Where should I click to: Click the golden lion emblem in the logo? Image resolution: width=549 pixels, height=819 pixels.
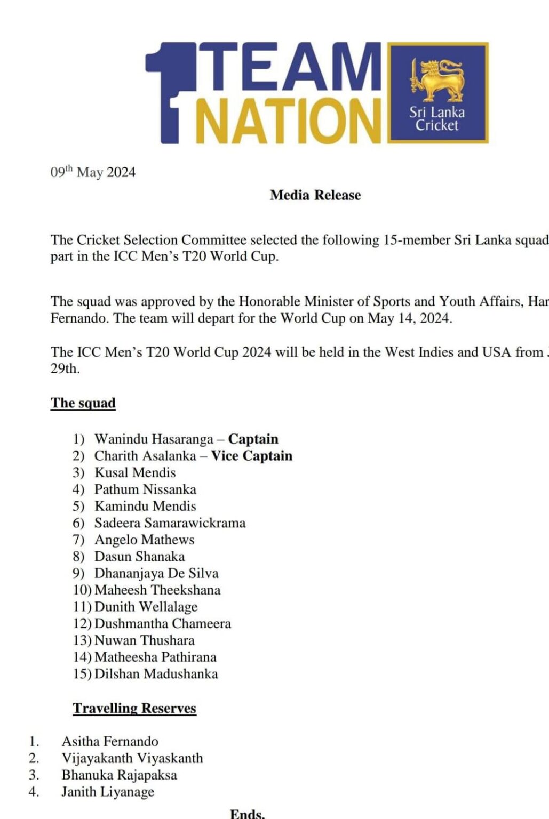[436, 80]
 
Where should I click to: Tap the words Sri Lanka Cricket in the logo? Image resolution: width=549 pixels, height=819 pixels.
[437, 119]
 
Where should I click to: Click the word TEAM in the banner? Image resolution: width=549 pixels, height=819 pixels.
[294, 68]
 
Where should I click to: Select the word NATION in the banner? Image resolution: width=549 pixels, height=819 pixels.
[288, 121]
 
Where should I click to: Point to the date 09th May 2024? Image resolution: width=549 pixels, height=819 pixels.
[93, 172]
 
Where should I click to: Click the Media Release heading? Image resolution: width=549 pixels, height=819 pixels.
[315, 195]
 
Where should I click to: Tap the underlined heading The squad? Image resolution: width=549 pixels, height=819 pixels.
[83, 403]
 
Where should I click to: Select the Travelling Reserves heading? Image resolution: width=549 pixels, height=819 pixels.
[134, 708]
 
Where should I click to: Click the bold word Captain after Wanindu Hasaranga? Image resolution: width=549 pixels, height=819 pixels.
[253, 439]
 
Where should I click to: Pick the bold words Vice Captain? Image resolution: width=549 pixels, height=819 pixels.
[252, 456]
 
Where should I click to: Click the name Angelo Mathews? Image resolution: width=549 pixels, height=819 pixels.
[144, 540]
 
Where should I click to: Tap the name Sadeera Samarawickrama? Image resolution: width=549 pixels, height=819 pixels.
[170, 523]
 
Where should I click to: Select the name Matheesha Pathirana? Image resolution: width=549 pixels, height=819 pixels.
[155, 657]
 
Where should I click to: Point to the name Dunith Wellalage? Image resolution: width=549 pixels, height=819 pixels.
[146, 607]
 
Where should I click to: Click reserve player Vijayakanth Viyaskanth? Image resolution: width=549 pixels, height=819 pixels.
[132, 758]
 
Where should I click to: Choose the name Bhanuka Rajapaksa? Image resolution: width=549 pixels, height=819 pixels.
[119, 775]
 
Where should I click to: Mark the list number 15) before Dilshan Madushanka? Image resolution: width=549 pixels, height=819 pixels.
[82, 674]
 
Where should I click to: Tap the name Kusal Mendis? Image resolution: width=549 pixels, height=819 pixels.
[135, 472]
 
